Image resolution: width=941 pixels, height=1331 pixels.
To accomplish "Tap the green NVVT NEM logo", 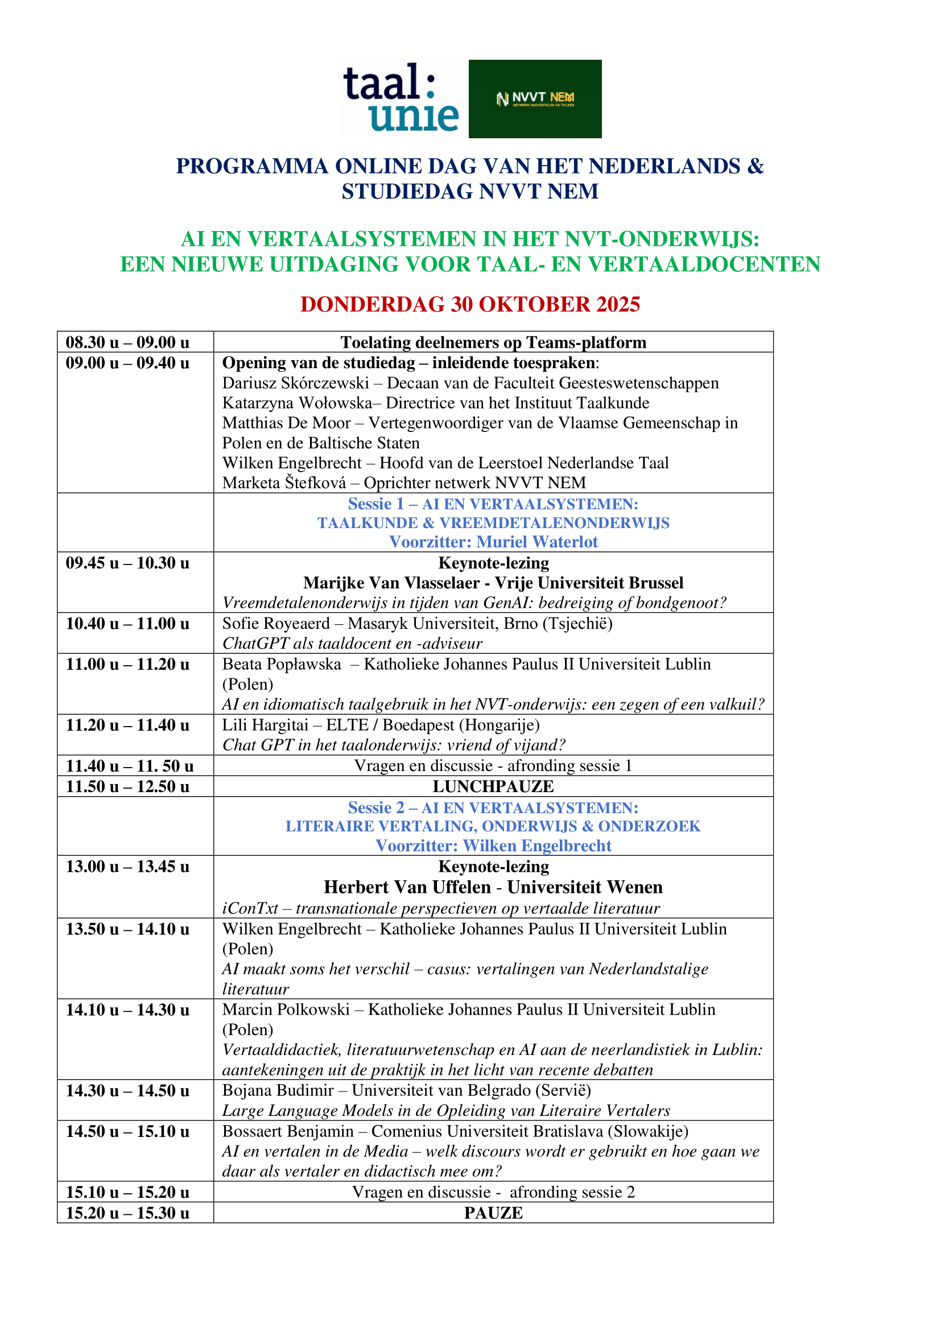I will click(x=535, y=98).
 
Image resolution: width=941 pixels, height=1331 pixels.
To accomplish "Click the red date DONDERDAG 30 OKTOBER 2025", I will click(x=470, y=304).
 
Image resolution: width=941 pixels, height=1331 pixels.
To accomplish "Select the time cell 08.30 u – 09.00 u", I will click(x=127, y=342).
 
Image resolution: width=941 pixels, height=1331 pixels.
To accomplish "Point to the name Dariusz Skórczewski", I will click(x=295, y=383).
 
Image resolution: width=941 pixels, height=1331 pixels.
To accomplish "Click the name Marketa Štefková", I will click(x=284, y=483).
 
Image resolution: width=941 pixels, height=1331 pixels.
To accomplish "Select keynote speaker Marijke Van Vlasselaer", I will click(x=391, y=583).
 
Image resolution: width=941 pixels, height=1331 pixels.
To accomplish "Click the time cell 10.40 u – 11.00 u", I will click(x=127, y=624).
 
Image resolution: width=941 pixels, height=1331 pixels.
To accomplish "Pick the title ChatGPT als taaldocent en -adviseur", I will click(x=352, y=644).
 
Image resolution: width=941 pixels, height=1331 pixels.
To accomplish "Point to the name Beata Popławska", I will click(x=282, y=664).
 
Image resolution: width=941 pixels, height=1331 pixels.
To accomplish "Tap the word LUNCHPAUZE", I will click(x=493, y=786).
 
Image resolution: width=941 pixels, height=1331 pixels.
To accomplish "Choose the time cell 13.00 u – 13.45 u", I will click(x=127, y=867).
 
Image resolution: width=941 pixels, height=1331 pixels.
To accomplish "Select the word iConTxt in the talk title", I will click(x=250, y=908).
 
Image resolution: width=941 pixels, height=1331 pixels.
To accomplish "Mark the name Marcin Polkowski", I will click(x=286, y=1010).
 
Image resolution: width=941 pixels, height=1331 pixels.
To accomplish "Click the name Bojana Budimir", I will click(x=278, y=1091).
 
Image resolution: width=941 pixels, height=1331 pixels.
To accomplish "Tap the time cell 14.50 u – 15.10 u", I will click(x=127, y=1132).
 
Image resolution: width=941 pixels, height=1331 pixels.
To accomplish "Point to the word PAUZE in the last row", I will click(x=493, y=1213).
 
